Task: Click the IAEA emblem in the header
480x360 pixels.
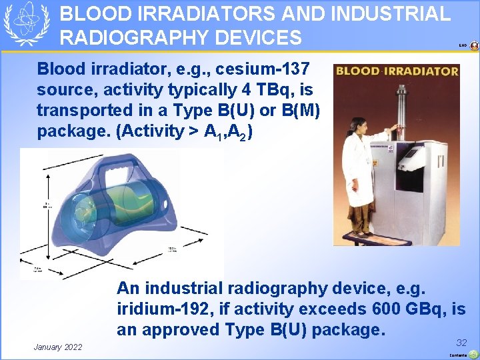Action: tap(27, 24)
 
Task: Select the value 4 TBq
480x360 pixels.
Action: tap(271, 90)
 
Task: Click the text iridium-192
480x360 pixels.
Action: tap(159, 309)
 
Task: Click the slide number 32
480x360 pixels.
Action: tap(461, 342)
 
